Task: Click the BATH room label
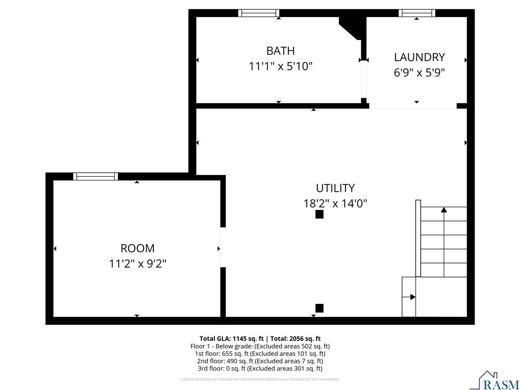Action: point(280,51)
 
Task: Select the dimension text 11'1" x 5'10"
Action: point(280,66)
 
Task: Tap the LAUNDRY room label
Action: point(419,57)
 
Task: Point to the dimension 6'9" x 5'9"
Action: point(419,73)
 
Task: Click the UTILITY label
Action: point(335,188)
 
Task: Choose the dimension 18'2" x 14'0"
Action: point(335,204)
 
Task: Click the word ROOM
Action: point(137,248)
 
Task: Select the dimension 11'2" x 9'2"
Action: point(137,264)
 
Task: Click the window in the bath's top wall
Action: point(258,13)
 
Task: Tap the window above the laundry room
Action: point(416,13)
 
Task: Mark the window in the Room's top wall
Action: point(95,176)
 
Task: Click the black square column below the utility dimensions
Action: point(319,214)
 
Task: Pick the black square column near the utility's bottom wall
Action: point(319,308)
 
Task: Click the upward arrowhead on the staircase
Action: point(444,210)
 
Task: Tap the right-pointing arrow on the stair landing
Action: point(412,297)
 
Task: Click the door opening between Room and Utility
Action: point(223,247)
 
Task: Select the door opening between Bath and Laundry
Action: point(364,80)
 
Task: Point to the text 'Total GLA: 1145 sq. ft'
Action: point(231,338)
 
